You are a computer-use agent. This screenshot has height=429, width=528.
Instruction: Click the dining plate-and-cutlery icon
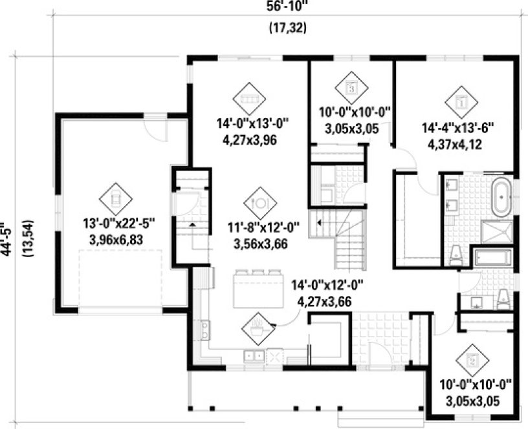[x=260, y=203]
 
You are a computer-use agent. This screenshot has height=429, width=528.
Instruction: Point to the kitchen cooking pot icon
[x=258, y=328]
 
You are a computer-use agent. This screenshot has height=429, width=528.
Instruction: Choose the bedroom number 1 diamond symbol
[x=461, y=101]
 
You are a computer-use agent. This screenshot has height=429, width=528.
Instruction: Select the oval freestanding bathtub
[x=501, y=198]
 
